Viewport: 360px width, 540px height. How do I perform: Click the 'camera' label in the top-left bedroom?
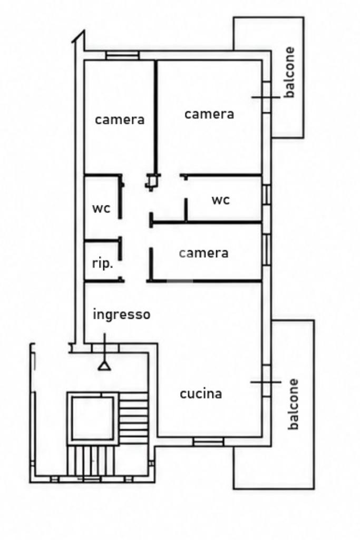(120, 120)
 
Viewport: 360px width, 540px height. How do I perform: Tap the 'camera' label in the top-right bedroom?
(209, 114)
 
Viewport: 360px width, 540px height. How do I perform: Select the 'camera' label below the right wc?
(203, 253)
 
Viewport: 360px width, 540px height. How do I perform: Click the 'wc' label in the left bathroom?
(101, 208)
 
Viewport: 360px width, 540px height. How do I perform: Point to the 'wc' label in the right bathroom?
(220, 200)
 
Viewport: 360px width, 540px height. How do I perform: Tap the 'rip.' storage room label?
(103, 263)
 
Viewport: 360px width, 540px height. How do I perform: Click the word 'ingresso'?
(122, 315)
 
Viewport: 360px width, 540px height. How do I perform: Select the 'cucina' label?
(201, 394)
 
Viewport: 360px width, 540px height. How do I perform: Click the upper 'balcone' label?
(289, 72)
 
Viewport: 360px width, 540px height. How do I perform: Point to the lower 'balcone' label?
(293, 404)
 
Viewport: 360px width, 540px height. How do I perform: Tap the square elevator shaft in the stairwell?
(92, 418)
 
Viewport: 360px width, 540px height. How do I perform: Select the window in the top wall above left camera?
(122, 55)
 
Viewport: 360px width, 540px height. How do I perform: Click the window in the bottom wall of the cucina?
(208, 441)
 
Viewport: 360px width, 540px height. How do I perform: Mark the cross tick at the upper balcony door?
(266, 97)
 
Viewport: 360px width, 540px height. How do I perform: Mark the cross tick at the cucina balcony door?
(266, 382)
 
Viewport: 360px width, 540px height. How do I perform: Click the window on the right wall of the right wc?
(266, 194)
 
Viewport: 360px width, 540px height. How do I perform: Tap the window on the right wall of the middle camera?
(266, 250)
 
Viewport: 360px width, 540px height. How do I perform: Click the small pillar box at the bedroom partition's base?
(152, 181)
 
